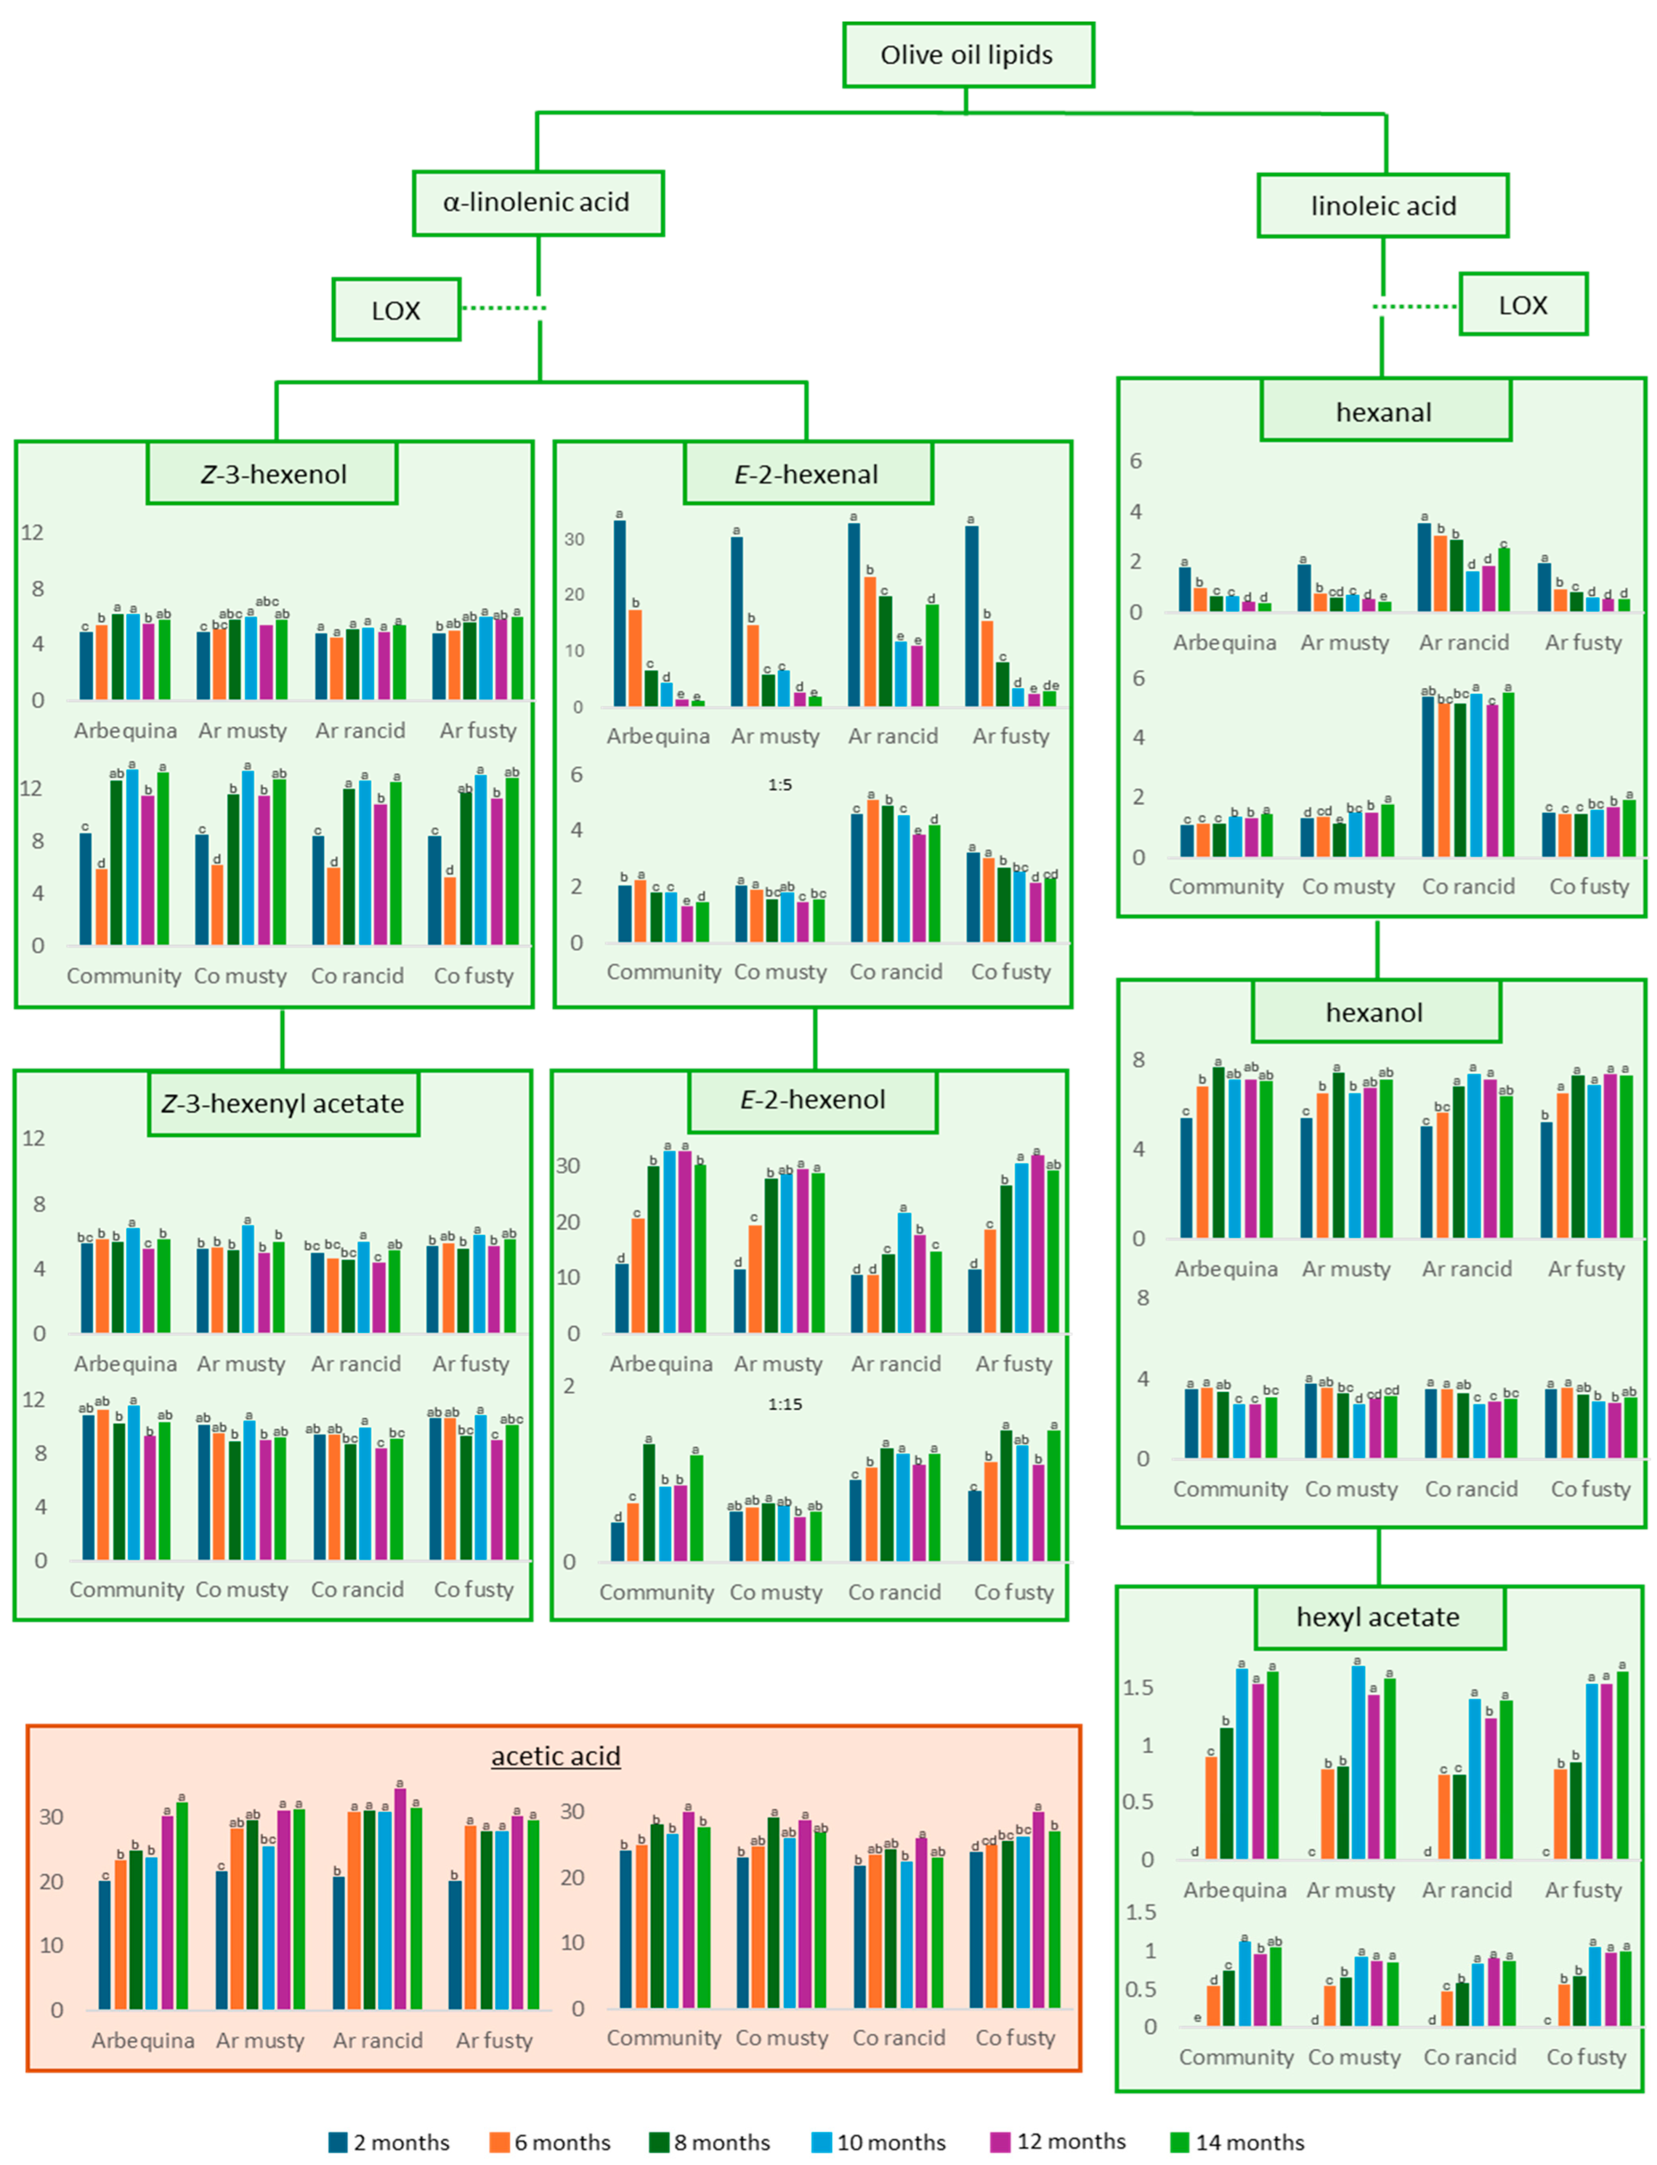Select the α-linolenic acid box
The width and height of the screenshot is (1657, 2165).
[538, 203]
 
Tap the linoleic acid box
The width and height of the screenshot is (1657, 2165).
[1383, 206]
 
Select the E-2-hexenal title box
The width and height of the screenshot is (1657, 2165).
[808, 474]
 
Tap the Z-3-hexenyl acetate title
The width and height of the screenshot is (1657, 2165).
[283, 1104]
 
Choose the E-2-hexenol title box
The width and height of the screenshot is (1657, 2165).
[813, 1100]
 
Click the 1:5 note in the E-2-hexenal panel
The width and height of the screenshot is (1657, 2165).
[779, 785]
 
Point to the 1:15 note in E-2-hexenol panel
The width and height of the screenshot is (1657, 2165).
[785, 1405]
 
